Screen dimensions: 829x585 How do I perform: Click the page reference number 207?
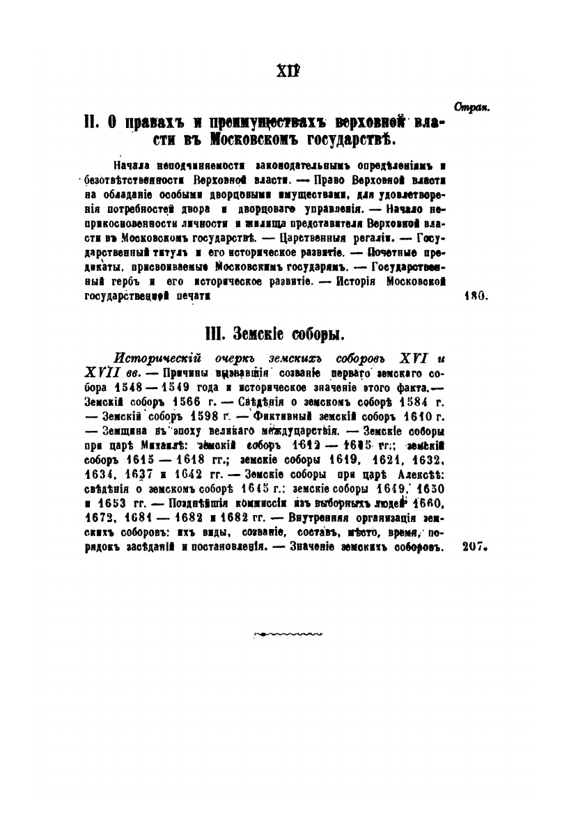(477, 547)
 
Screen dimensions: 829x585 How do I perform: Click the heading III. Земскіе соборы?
(277, 335)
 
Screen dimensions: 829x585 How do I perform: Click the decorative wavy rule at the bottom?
(287, 633)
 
